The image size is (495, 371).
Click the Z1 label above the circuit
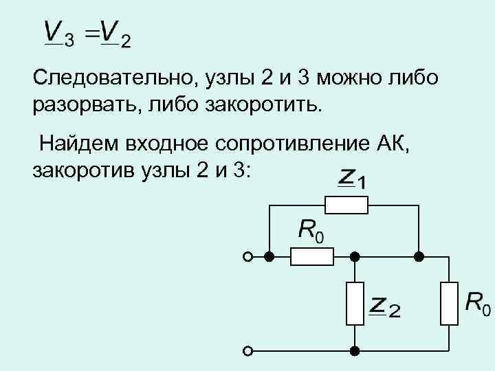pyautogui.click(x=352, y=179)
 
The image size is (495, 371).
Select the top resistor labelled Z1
pyautogui.click(x=346, y=204)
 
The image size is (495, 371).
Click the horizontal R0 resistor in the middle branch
pyautogui.click(x=311, y=257)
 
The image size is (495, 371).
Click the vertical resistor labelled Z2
pyautogui.click(x=355, y=303)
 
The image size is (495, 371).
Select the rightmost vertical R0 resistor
pyautogui.click(x=449, y=303)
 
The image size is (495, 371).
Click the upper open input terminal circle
pyautogui.click(x=247, y=257)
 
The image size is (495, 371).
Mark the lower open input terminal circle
pyautogui.click(x=247, y=350)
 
